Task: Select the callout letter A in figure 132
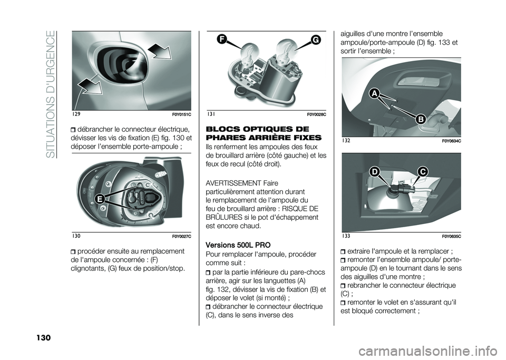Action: click(374, 94)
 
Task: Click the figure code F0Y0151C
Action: click(180, 114)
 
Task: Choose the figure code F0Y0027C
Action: click(180, 235)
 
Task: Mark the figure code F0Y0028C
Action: click(316, 114)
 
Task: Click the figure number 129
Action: click(76, 114)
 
